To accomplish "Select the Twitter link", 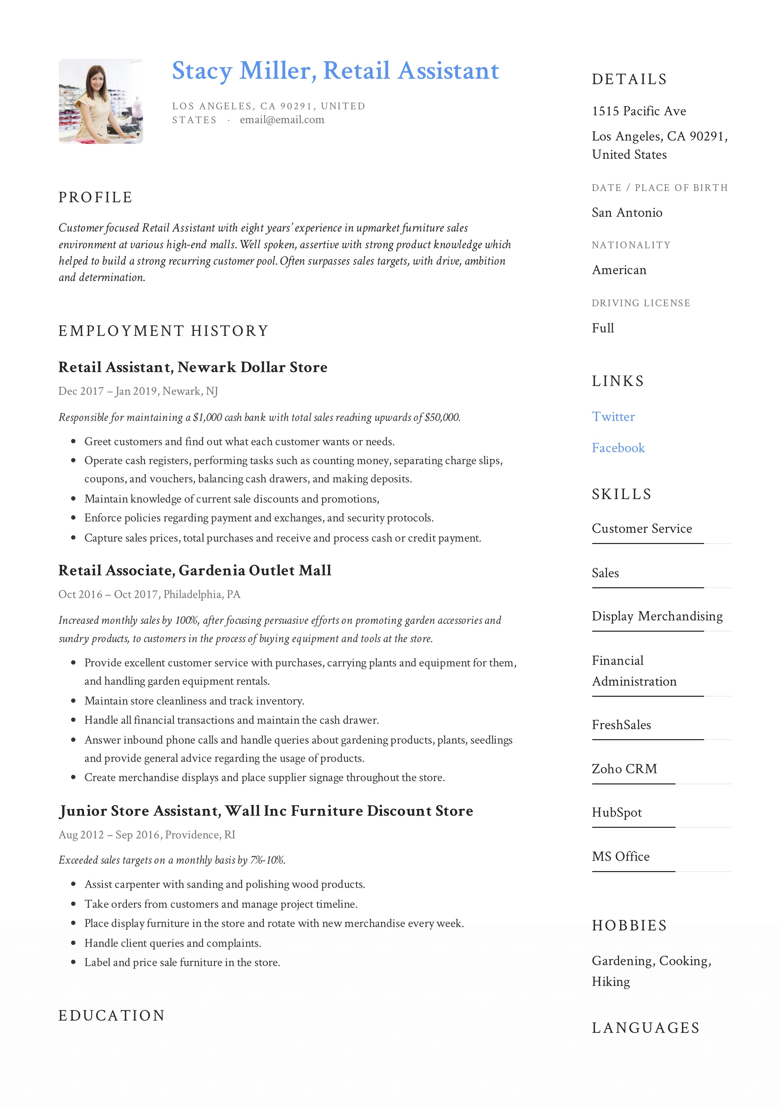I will pos(613,417).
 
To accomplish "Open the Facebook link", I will pos(618,448).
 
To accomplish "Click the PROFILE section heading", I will pos(95,197).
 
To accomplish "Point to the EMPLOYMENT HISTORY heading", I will pos(163,331).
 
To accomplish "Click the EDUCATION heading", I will pos(111,1016).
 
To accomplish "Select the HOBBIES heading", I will pos(629,925).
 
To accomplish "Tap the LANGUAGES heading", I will pos(645,1028).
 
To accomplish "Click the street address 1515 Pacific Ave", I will pos(639,111).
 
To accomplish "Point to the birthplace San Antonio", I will pos(627,213).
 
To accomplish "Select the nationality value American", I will pos(619,270).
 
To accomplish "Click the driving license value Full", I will pos(602,328).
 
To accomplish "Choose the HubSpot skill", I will pos(617,813).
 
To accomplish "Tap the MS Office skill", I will pos(620,857).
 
